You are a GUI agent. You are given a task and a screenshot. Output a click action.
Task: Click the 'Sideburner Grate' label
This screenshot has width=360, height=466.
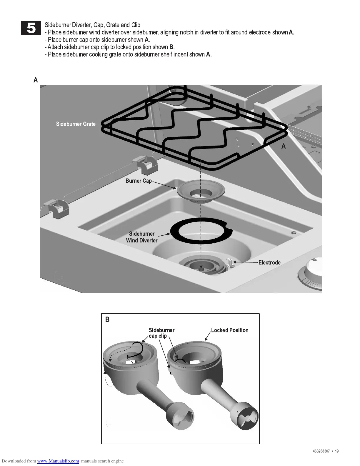(x=76, y=124)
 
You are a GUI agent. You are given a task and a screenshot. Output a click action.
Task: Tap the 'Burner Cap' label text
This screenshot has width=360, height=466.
(x=139, y=181)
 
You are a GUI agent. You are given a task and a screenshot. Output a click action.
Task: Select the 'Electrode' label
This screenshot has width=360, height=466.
(x=269, y=262)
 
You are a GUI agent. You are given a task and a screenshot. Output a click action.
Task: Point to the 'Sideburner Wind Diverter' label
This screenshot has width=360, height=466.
(x=142, y=237)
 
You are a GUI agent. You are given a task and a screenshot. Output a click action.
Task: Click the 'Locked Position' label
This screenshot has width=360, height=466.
(x=230, y=330)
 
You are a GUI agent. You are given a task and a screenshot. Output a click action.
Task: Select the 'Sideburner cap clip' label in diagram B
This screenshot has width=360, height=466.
(x=161, y=333)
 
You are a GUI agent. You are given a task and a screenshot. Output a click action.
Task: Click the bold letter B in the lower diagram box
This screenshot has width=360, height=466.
(x=107, y=319)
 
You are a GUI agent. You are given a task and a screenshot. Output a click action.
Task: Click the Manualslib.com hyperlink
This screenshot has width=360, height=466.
(x=58, y=461)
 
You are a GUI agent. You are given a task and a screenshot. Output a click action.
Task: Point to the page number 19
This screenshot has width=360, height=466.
(x=337, y=451)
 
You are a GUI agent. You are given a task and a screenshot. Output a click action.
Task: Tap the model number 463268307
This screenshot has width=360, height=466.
(x=321, y=451)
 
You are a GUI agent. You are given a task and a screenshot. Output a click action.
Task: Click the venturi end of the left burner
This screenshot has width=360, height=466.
(x=180, y=415)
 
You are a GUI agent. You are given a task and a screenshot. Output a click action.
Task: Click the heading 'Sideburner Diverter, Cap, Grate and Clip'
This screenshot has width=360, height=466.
(x=92, y=25)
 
